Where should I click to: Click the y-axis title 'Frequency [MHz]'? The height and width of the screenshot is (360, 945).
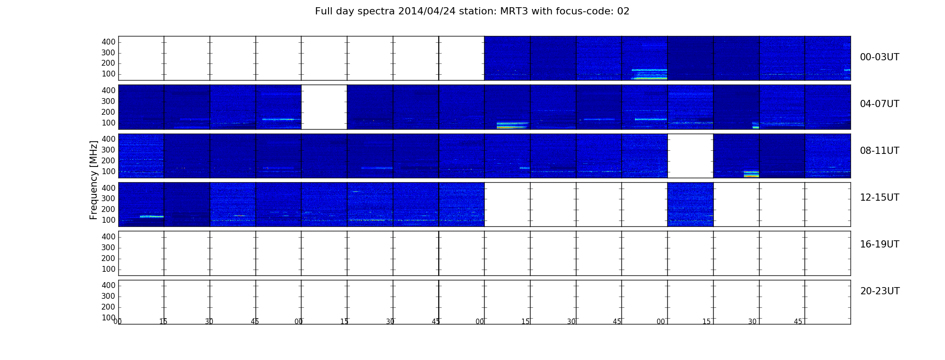pyautogui.click(x=94, y=180)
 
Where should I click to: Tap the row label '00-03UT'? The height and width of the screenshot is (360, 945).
pyautogui.click(x=879, y=57)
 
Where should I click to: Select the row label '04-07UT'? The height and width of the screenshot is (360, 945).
pyautogui.click(x=879, y=104)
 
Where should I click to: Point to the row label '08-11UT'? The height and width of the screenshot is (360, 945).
pyautogui.click(x=879, y=151)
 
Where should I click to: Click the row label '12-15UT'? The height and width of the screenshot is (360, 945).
pyautogui.click(x=879, y=198)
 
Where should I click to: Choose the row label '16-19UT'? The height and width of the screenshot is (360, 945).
pyautogui.click(x=879, y=244)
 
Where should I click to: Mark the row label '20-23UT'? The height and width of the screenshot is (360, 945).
pyautogui.click(x=880, y=291)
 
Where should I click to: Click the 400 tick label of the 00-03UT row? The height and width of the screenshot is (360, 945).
pyautogui.click(x=108, y=42)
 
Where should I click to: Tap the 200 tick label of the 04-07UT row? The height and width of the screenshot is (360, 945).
pyautogui.click(x=108, y=112)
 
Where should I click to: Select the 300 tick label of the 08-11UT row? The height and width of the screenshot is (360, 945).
pyautogui.click(x=108, y=150)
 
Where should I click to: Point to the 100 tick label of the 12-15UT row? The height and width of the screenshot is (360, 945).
pyautogui.click(x=108, y=220)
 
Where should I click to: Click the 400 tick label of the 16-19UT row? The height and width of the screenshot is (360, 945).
pyautogui.click(x=108, y=237)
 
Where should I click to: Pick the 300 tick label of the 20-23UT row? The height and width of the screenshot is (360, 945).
pyautogui.click(x=108, y=296)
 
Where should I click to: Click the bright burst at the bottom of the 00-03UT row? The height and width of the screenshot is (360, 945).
pyautogui.click(x=649, y=78)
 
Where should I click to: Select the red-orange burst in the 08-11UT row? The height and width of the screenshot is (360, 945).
pyautogui.click(x=751, y=175)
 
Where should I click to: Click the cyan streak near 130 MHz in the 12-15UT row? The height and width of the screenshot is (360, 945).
pyautogui.click(x=152, y=216)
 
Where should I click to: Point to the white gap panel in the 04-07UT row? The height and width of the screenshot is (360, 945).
pyautogui.click(x=324, y=107)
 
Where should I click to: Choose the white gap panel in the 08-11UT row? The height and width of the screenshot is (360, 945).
pyautogui.click(x=690, y=156)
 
